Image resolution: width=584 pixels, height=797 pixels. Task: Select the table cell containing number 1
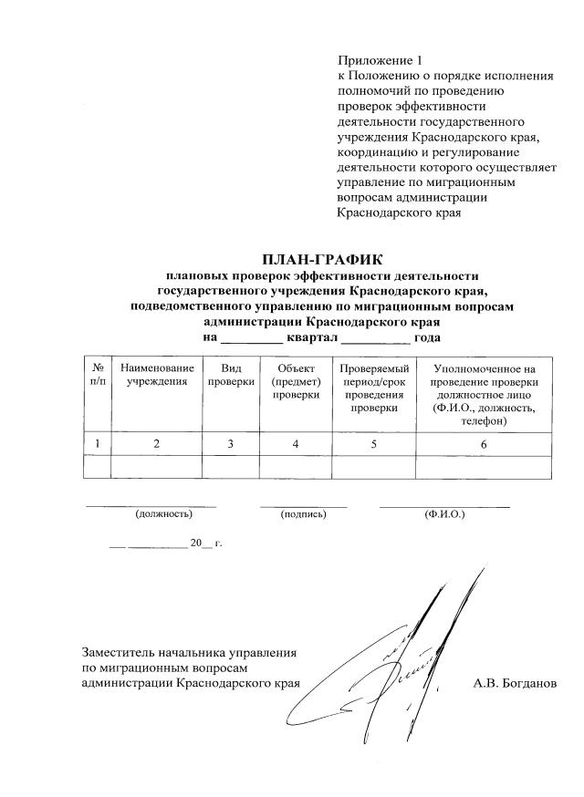click(97, 444)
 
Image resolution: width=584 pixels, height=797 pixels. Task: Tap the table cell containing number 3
click(231, 444)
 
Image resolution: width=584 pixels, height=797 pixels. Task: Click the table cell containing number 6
click(484, 444)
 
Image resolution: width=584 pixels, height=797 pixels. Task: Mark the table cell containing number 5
click(372, 444)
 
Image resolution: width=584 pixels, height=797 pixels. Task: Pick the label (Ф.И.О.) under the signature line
click(444, 515)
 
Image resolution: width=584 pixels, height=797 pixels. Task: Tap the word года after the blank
click(428, 338)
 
